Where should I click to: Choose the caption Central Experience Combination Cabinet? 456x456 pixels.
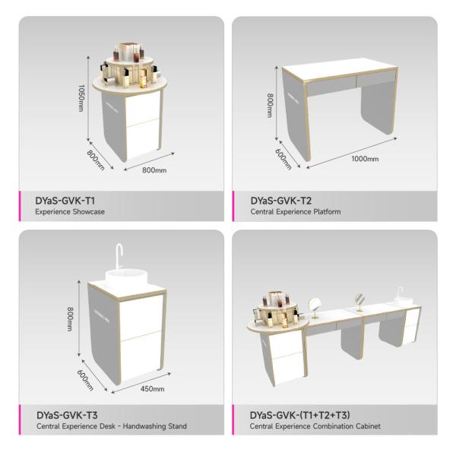coord(314,426)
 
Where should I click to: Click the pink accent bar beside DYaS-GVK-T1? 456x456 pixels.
coord(21,205)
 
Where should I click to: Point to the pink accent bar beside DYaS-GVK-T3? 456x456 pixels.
coord(21,420)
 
